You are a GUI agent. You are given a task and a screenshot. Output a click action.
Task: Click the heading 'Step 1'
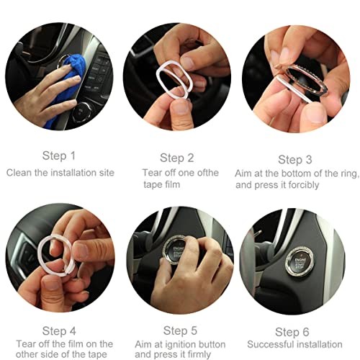tap(59, 156)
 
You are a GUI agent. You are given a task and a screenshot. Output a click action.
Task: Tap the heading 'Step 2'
tap(177, 158)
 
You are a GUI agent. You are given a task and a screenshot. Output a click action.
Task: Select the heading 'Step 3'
tap(295, 160)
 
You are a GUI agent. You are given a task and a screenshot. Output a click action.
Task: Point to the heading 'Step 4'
tap(59, 331)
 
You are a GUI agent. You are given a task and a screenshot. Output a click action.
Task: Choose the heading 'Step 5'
tap(180, 330)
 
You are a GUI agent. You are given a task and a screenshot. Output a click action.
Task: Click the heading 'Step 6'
tap(292, 332)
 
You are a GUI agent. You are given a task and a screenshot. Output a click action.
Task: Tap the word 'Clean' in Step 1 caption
tap(19, 173)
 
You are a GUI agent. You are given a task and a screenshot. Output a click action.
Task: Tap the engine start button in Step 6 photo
tap(300, 263)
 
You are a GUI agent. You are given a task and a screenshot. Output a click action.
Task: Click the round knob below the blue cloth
tap(83, 112)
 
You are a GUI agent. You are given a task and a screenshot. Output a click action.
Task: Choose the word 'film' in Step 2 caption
tap(171, 184)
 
